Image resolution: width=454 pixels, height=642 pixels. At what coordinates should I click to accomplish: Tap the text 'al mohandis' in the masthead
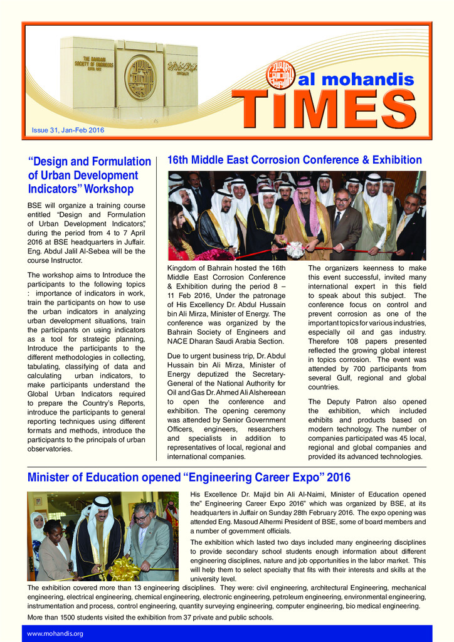point(357,80)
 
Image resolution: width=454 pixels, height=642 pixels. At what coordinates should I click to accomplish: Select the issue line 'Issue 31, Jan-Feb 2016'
point(68,130)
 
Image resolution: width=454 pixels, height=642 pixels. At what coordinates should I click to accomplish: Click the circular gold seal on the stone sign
point(140,78)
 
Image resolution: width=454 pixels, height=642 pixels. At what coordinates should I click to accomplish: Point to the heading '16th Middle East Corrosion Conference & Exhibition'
point(294,160)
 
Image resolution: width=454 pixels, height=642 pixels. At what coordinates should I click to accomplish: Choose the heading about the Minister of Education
point(189,478)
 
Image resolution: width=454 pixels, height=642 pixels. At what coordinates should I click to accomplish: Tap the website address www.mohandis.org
point(55,633)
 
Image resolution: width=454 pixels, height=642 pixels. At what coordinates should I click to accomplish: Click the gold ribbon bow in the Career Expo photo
point(124,569)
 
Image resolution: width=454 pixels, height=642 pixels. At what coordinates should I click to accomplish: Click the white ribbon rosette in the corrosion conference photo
point(295,250)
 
